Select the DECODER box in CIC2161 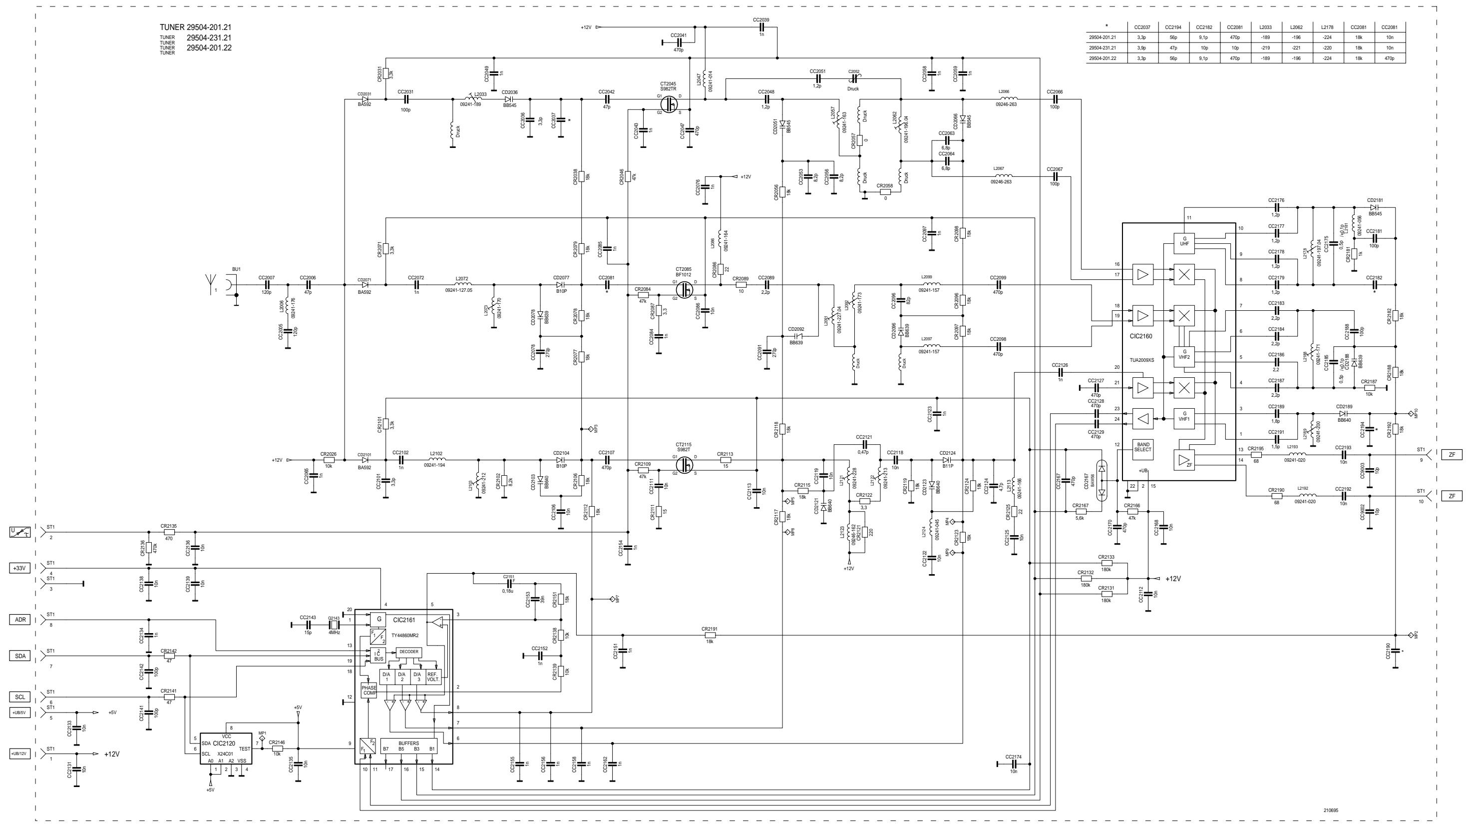click(x=408, y=652)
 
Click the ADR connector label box click(x=20, y=619)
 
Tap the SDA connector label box click(x=20, y=656)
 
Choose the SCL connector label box click(x=20, y=697)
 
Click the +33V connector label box click(x=20, y=568)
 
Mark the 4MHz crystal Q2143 click(x=334, y=625)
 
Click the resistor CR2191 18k click(x=709, y=635)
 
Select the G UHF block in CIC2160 click(x=1184, y=240)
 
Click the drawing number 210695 click(x=1331, y=810)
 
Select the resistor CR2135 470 click(x=169, y=532)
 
